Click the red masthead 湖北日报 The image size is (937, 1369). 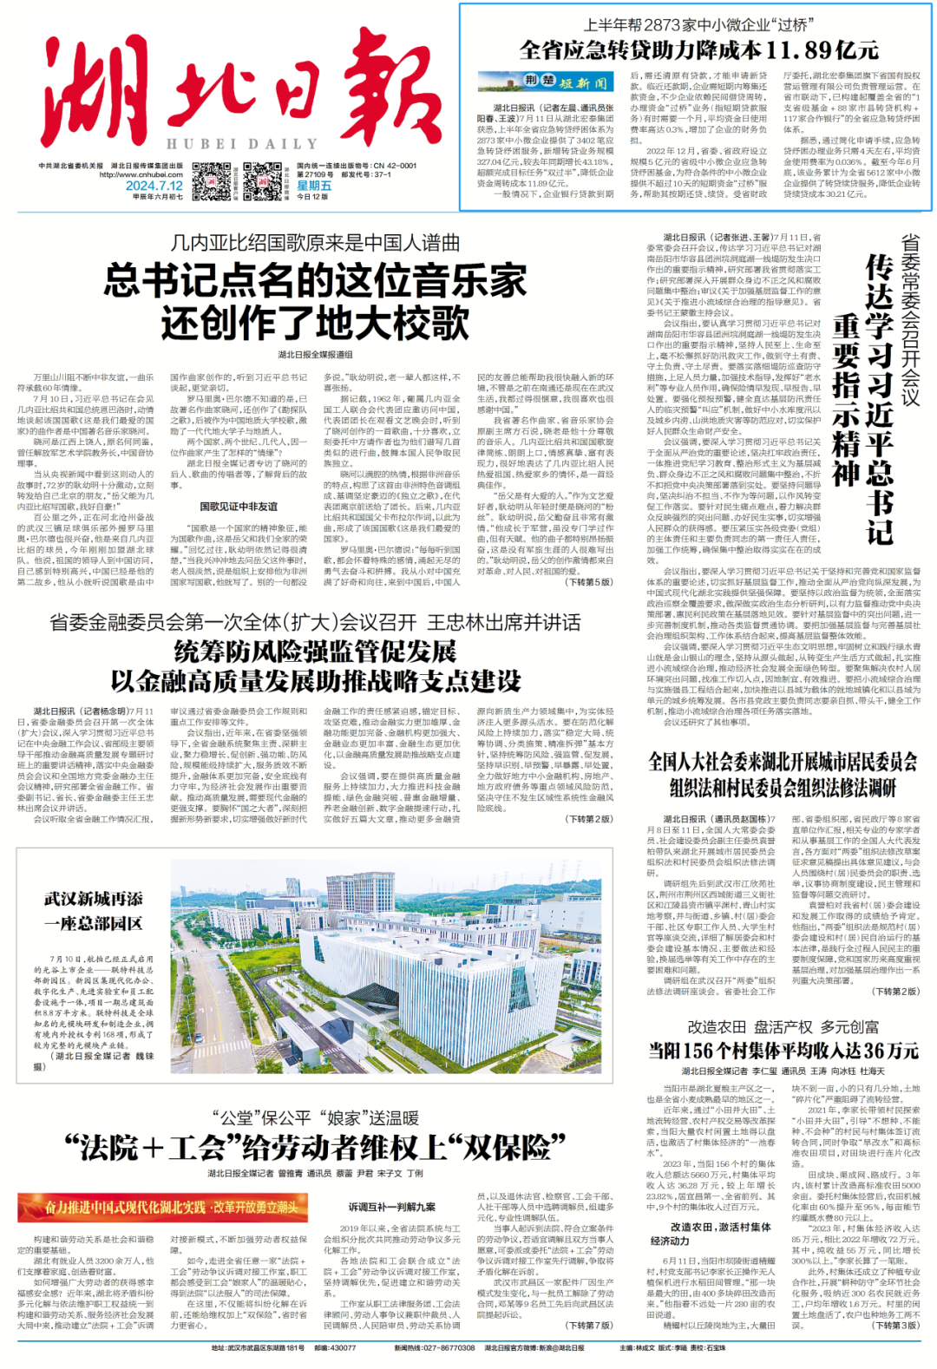click(230, 87)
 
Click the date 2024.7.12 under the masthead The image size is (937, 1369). click(154, 185)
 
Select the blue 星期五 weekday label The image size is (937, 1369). click(314, 185)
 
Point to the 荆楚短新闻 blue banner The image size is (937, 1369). click(546, 82)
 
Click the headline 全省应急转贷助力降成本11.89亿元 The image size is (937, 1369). click(698, 49)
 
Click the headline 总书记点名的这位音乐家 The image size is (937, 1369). click(316, 281)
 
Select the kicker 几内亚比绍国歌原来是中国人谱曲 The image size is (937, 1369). click(315, 243)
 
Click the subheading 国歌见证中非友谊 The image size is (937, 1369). click(239, 506)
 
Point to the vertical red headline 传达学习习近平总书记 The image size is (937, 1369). click(878, 399)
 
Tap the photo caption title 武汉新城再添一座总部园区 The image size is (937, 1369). click(93, 911)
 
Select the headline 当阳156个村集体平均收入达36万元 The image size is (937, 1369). click(783, 1051)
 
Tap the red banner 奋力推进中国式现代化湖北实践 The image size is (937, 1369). click(162, 1206)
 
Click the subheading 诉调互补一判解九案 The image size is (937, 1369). click(392, 1207)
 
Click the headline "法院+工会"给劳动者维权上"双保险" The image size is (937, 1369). click(316, 1148)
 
